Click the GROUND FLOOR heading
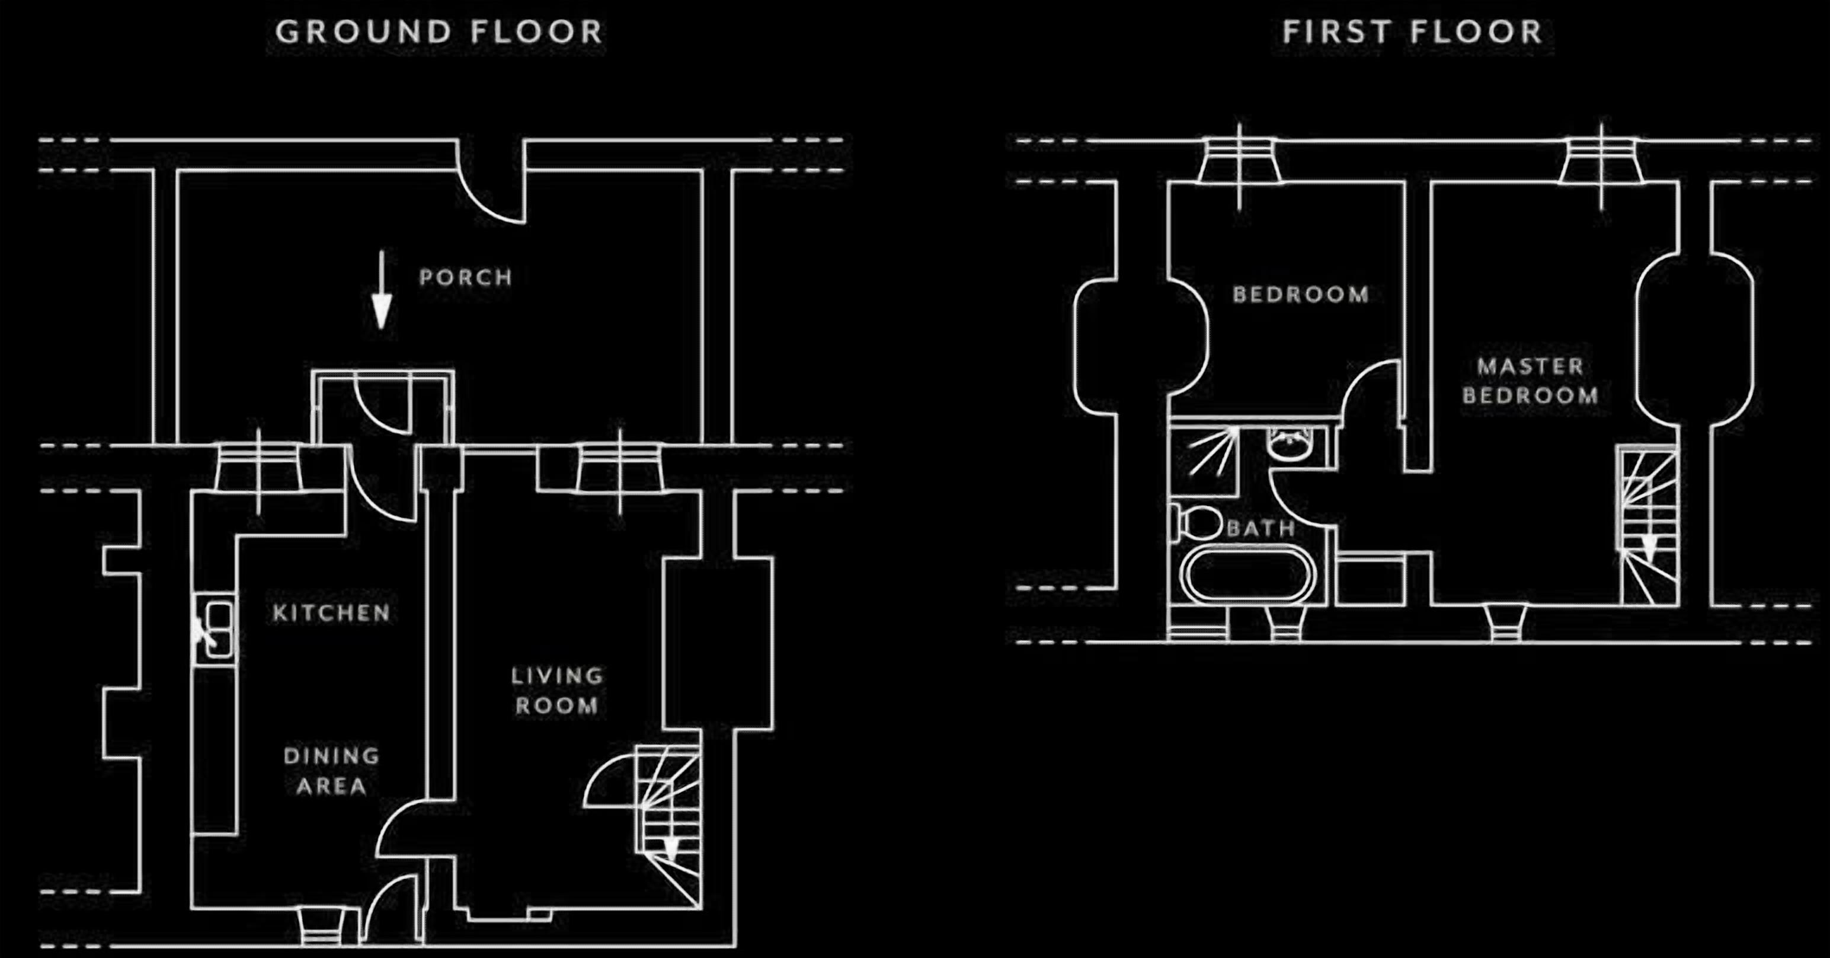(x=439, y=33)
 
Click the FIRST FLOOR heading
(x=1412, y=33)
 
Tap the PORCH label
(x=466, y=277)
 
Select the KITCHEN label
(x=332, y=612)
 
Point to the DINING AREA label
(x=332, y=771)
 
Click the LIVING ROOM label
(x=557, y=691)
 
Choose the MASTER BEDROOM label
(x=1530, y=381)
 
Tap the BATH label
(x=1261, y=528)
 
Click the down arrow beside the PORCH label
(x=382, y=290)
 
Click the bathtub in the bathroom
(x=1247, y=574)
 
